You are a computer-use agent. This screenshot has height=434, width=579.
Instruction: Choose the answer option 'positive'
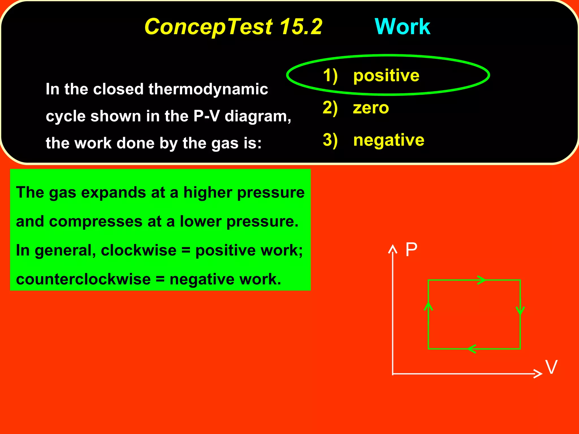386,75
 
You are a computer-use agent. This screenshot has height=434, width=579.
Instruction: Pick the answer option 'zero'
371,108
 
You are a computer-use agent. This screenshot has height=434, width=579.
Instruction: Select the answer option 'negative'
389,140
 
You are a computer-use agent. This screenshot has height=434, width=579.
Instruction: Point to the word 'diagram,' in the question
258,116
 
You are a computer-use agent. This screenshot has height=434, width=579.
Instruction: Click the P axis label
411,250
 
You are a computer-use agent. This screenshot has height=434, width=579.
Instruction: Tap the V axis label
551,367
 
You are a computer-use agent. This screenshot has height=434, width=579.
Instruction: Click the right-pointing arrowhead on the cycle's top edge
481,280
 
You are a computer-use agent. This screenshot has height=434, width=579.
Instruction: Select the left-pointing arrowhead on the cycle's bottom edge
472,349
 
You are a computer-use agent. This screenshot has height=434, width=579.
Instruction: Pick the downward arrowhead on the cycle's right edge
520,311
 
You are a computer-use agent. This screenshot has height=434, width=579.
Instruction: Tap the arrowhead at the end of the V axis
538,374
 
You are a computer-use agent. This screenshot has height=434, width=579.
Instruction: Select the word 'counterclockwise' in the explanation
83,279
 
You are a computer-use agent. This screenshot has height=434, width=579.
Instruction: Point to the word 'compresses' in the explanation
96,222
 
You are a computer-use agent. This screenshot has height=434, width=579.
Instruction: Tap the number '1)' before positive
330,76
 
